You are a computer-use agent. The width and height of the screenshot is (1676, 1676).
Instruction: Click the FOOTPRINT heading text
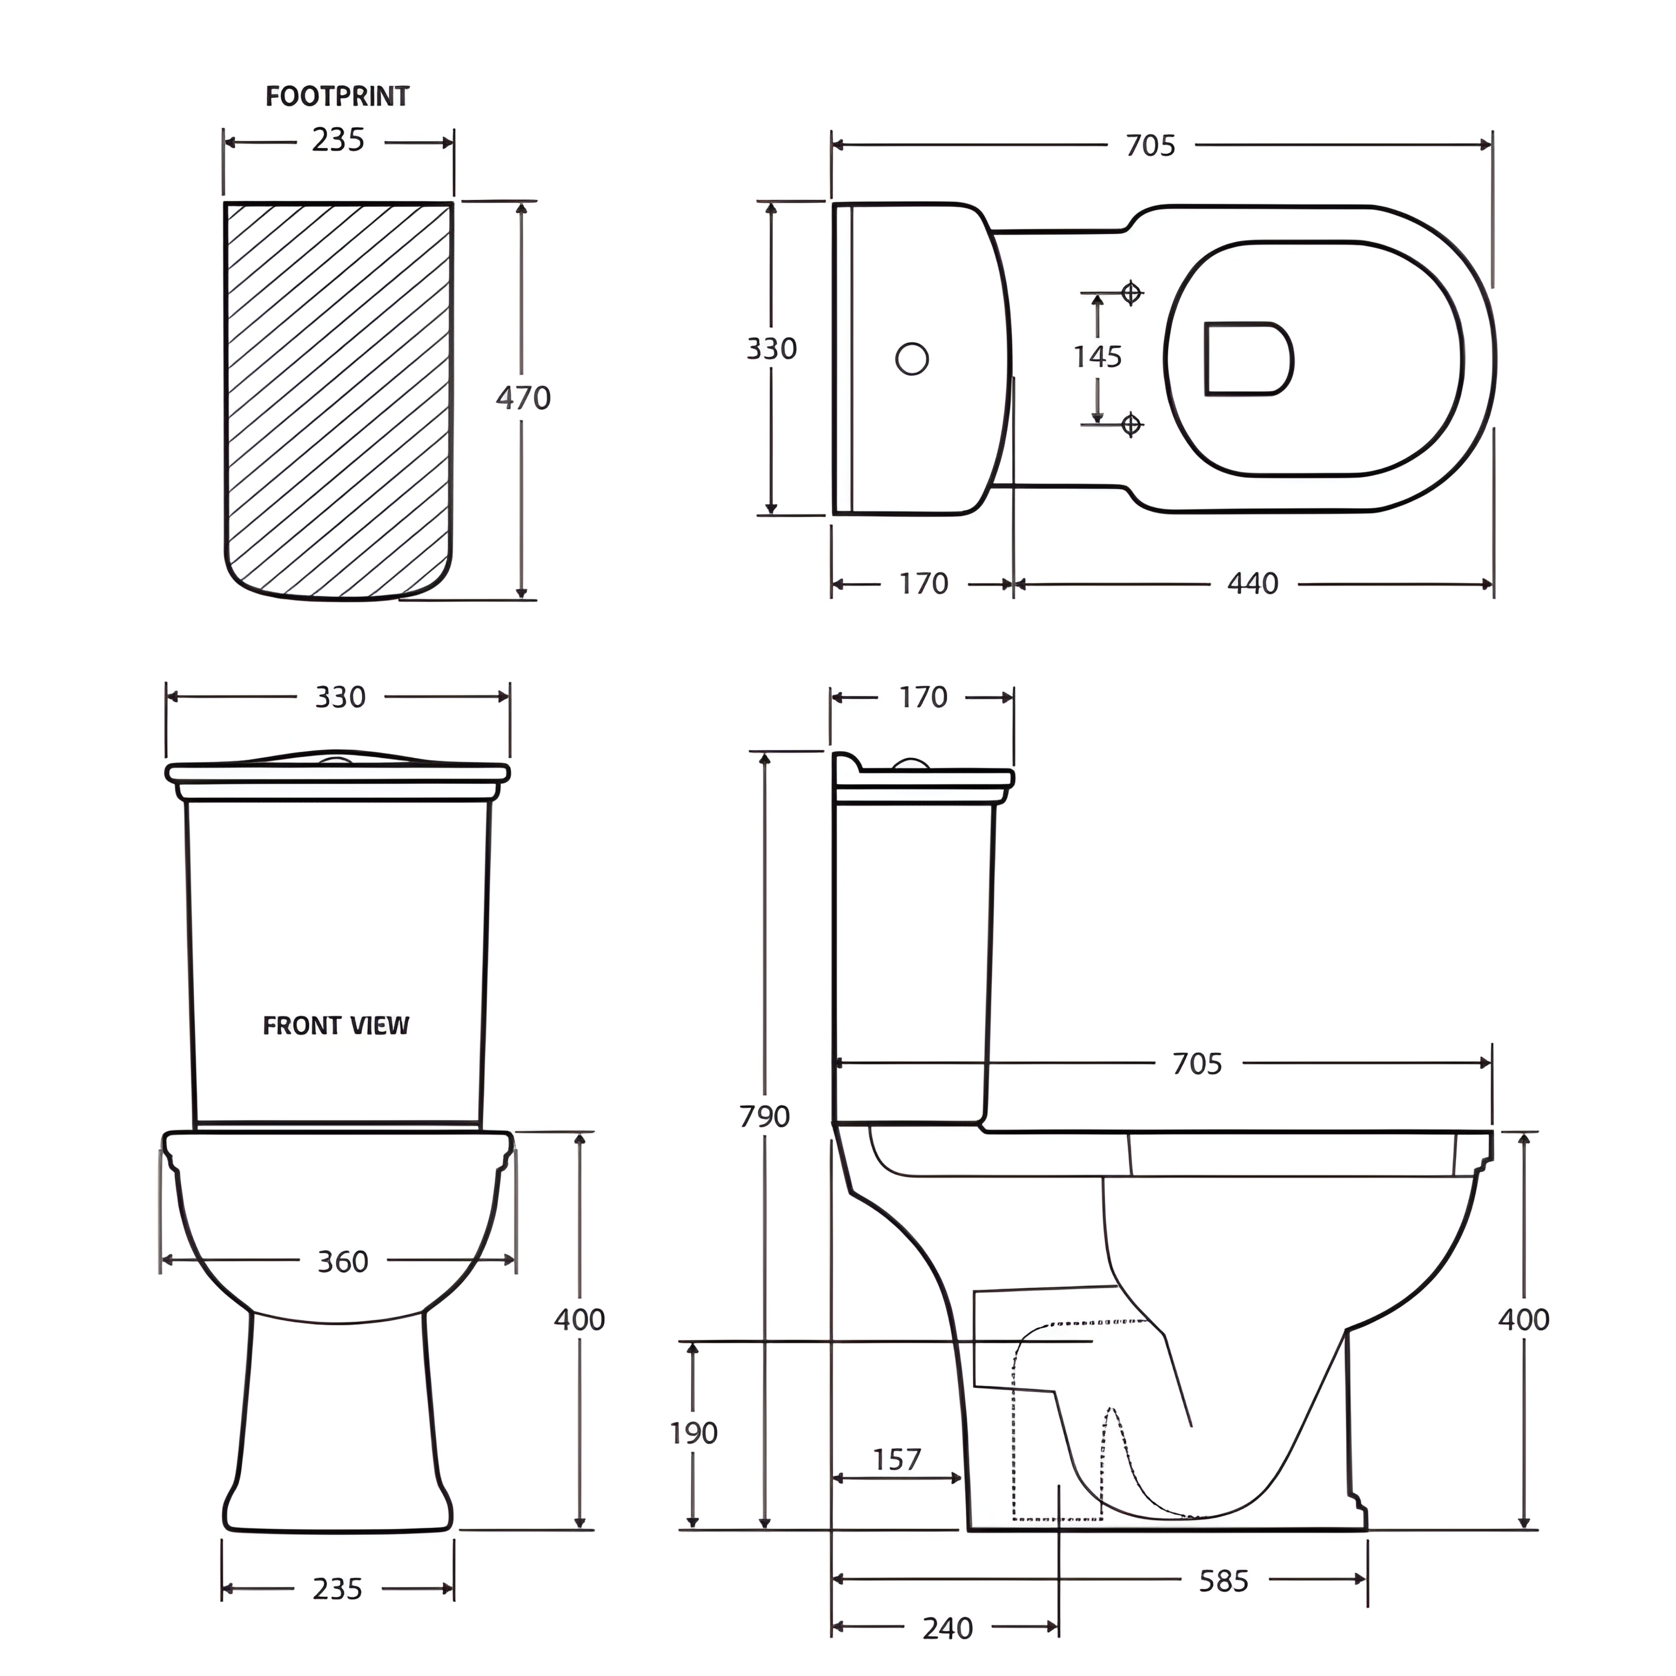click(x=336, y=96)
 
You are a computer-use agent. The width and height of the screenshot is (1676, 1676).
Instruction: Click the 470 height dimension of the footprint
click(x=523, y=398)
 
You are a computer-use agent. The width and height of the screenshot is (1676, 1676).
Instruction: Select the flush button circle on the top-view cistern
click(x=912, y=358)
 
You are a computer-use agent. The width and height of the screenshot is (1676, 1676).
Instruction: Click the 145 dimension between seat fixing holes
click(x=1097, y=357)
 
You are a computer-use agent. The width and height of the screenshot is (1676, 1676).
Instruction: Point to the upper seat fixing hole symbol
click(x=1130, y=293)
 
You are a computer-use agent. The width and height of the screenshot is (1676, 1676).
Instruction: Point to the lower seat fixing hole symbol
click(x=1130, y=424)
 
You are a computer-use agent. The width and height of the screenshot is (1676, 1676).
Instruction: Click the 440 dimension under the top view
click(x=1253, y=584)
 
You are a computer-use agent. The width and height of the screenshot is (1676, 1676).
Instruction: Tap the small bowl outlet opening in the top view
click(x=1247, y=359)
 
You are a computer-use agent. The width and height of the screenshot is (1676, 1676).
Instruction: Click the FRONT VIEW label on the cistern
click(x=336, y=1026)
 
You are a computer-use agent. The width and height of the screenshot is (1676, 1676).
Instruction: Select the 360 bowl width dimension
click(x=343, y=1261)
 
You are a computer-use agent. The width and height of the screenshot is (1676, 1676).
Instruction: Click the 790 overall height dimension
click(x=764, y=1117)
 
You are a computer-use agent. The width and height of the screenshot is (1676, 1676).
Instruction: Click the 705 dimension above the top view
click(x=1150, y=146)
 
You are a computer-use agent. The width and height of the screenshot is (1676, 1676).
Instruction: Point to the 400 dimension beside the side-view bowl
click(x=1523, y=1319)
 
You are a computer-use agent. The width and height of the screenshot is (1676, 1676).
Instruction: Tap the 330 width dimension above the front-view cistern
click(x=340, y=698)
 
